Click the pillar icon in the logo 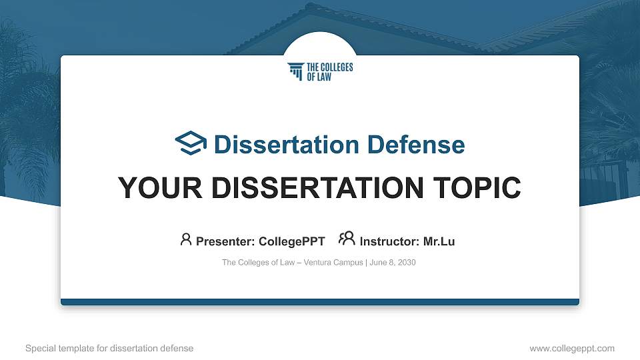[295, 71]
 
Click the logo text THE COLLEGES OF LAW [329, 72]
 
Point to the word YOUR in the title [152, 189]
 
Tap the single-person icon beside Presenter [186, 239]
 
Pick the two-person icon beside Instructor [347, 239]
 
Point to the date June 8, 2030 [393, 263]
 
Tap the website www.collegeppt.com [572, 348]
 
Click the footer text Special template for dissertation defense [109, 348]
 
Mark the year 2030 [407, 263]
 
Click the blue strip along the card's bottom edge [320, 302]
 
